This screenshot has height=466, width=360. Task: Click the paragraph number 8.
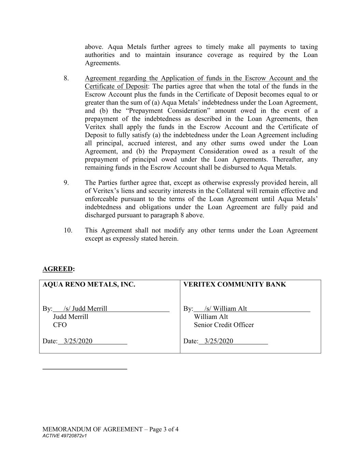[x=66, y=79]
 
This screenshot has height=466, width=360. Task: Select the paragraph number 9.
[x=66, y=183]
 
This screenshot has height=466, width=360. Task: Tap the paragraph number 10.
[x=68, y=230]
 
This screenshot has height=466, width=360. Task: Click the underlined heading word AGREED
[x=58, y=269]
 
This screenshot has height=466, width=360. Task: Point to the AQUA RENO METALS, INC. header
[x=89, y=284]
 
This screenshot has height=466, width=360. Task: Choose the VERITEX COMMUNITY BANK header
[x=234, y=284]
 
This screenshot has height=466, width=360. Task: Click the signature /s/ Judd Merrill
[x=85, y=309]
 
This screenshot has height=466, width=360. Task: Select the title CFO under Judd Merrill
[x=60, y=325]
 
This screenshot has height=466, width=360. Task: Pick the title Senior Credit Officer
[x=224, y=325]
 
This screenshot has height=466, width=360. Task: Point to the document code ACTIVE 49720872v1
[x=64, y=436]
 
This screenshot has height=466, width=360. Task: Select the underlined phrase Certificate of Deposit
[x=116, y=86]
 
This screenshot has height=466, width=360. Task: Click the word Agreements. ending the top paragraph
[x=102, y=63]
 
